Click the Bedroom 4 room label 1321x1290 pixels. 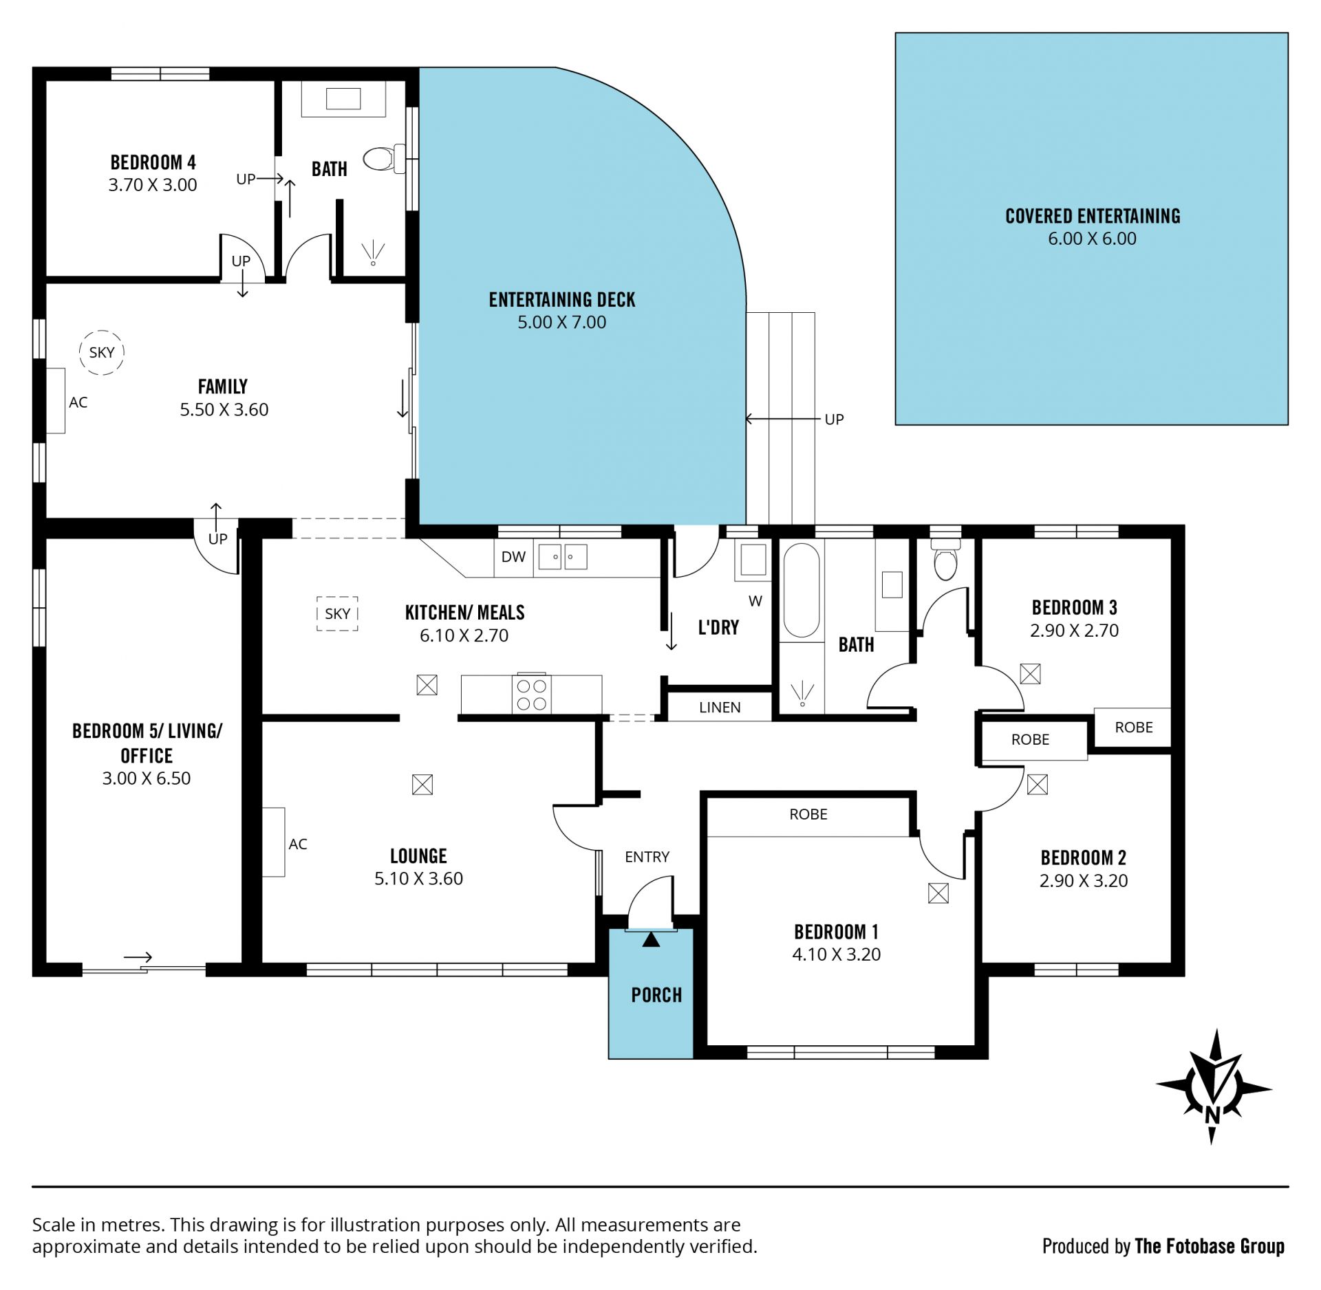(153, 162)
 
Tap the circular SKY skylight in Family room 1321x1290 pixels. (102, 352)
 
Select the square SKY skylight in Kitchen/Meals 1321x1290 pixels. (337, 613)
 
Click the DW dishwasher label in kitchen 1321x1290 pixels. (513, 557)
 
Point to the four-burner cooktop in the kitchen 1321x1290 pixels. (531, 695)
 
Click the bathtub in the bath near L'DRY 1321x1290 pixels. (802, 591)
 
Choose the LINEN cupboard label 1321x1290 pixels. (720, 708)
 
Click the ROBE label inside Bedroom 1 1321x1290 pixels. (808, 814)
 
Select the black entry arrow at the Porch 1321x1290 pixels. (651, 939)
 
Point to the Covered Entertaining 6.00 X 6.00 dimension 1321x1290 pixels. (1092, 239)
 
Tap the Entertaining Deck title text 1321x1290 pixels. (562, 300)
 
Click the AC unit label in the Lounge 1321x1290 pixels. (298, 844)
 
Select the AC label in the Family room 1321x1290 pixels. (78, 402)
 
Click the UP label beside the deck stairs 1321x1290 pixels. (834, 419)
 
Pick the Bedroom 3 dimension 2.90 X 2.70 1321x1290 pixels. (1074, 631)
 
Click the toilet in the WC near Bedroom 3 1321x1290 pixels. (945, 560)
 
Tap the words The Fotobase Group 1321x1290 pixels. (1210, 1246)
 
